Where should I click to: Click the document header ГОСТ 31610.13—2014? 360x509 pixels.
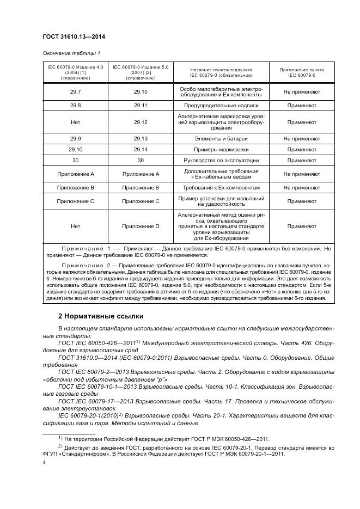[x=74, y=36]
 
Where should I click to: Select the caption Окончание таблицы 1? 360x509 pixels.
[x=71, y=53]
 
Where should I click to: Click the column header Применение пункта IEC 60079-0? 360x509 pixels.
[x=301, y=72]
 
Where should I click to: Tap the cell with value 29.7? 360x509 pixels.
[x=75, y=92]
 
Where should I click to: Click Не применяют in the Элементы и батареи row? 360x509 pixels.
[x=301, y=139]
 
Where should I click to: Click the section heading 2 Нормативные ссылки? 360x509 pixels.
[x=101, y=316]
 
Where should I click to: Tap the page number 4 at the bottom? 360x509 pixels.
[x=44, y=462]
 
